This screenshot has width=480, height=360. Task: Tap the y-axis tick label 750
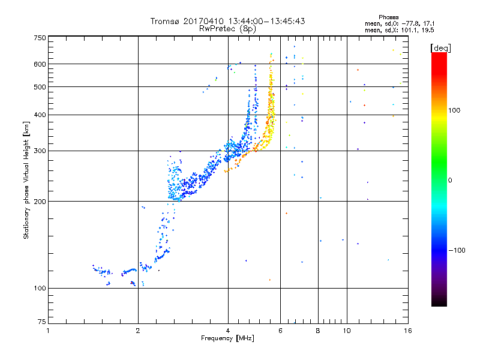pyautogui.click(x=40, y=38)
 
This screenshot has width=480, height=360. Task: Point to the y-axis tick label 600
pyautogui.click(x=40, y=64)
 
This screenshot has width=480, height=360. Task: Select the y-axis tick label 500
pyautogui.click(x=40, y=87)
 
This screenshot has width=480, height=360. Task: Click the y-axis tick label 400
pyautogui.click(x=40, y=115)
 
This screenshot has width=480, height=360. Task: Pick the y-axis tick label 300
pyautogui.click(x=40, y=151)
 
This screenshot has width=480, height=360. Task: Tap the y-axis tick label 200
pyautogui.click(x=40, y=201)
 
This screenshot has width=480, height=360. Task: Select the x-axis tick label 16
pyautogui.click(x=407, y=331)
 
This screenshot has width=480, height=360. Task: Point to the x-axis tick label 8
pyautogui.click(x=318, y=331)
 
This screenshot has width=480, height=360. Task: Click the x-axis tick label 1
pyautogui.click(x=48, y=331)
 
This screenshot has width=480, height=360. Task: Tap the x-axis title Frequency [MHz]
pyautogui.click(x=227, y=339)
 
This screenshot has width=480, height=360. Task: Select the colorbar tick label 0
pyautogui.click(x=451, y=180)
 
